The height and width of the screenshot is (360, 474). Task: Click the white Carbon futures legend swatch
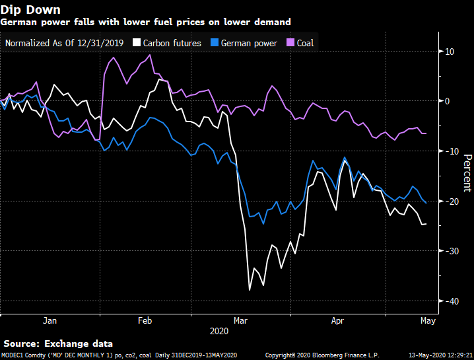point(137,43)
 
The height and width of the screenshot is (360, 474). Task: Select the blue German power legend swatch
point(214,43)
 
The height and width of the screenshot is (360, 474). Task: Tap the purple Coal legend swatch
point(289,43)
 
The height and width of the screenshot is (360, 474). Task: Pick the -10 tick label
point(451,151)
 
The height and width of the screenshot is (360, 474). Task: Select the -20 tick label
point(451,201)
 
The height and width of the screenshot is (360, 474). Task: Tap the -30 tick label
point(451,252)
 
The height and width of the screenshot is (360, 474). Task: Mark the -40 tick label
point(451,301)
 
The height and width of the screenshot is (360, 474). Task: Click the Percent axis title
point(467,173)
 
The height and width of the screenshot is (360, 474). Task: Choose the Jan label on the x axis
point(50,321)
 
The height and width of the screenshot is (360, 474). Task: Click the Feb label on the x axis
point(145,321)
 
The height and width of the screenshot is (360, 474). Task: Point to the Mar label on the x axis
point(240,321)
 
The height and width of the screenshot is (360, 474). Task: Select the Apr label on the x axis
point(337,321)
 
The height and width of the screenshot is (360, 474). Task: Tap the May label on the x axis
point(427,321)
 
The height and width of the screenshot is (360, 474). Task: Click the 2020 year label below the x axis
point(219,330)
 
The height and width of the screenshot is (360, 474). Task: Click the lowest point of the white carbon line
point(250,290)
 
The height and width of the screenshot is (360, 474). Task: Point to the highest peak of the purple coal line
point(151,55)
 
